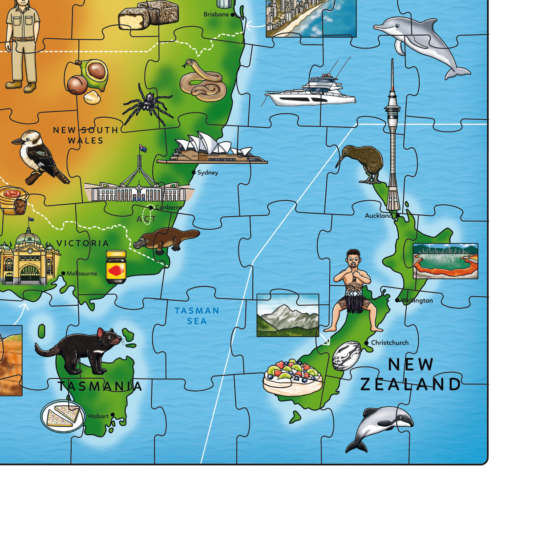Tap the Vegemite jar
pyautogui.click(x=116, y=267)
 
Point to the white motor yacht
pyautogui.click(x=311, y=91)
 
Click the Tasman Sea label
pyautogui.click(x=197, y=316)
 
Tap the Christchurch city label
pyautogui.click(x=390, y=343)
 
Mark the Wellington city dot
pyautogui.click(x=397, y=300)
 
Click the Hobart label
pyautogui.click(x=98, y=416)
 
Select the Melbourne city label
pyautogui.click(x=82, y=273)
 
